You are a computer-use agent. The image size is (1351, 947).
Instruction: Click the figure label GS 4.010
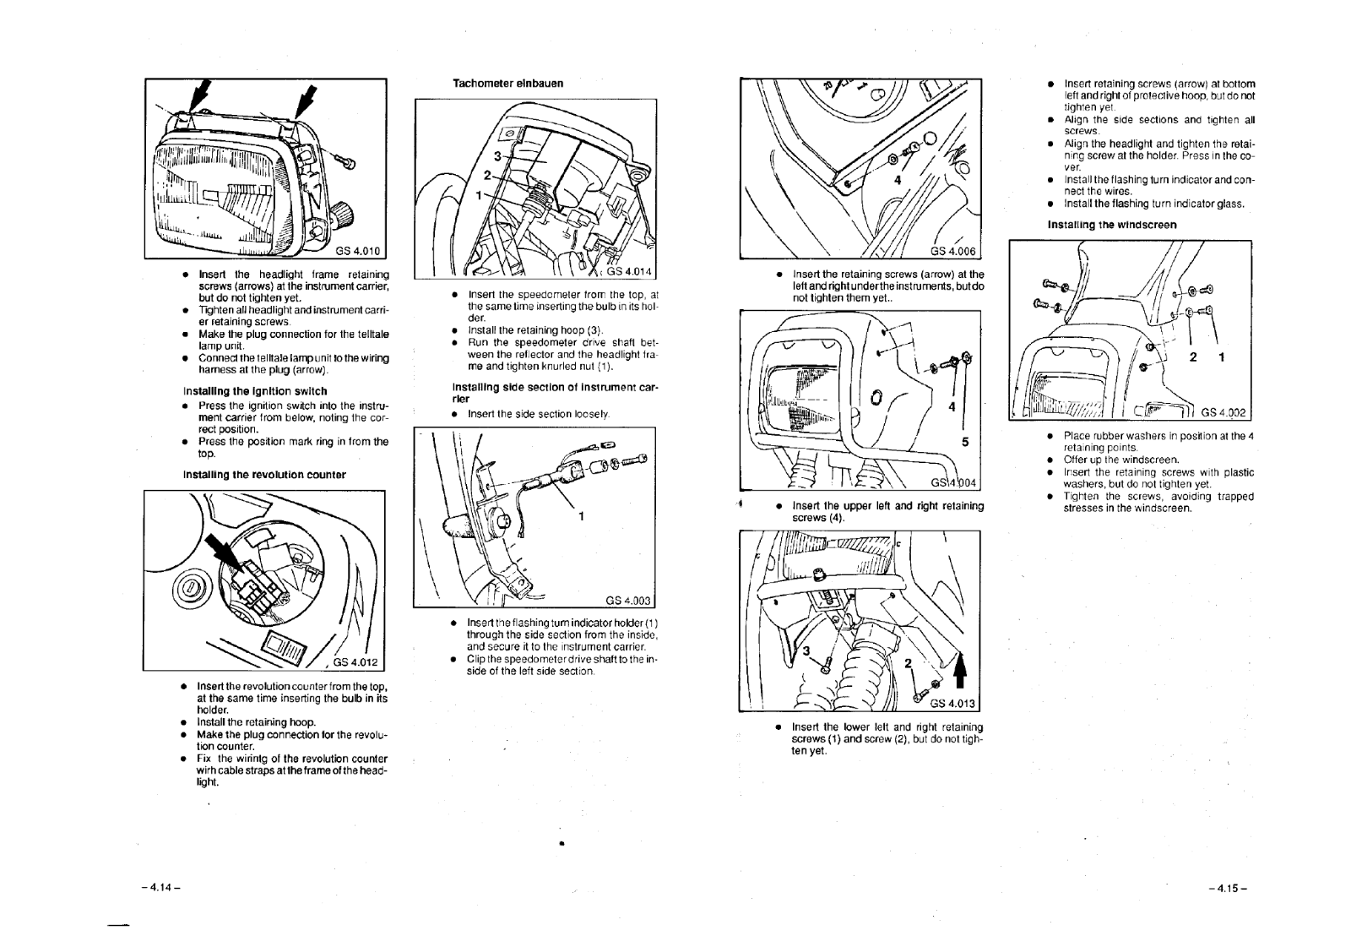(x=359, y=249)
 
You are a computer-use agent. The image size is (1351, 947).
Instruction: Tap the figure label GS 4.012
(x=358, y=661)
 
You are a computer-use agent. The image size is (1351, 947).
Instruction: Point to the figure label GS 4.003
(x=629, y=601)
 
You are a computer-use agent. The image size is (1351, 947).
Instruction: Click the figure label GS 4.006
(x=953, y=250)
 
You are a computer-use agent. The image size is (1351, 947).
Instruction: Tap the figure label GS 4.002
(x=1223, y=412)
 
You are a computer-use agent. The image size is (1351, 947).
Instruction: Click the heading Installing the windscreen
(x=1111, y=225)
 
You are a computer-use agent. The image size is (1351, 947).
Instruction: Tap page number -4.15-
(x=1228, y=887)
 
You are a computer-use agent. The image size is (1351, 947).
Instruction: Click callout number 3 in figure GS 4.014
(x=497, y=155)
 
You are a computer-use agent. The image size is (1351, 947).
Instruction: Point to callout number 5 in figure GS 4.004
(x=966, y=441)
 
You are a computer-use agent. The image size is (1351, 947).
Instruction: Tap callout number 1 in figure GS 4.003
(x=581, y=517)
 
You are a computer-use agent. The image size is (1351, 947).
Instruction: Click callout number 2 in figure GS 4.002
(x=1193, y=357)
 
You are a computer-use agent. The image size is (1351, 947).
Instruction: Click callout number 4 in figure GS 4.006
(x=898, y=180)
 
